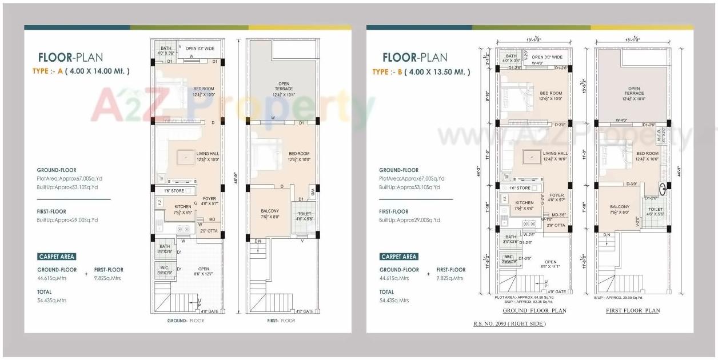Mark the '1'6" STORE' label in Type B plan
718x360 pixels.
click(x=520, y=188)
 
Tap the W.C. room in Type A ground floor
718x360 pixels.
click(x=165, y=269)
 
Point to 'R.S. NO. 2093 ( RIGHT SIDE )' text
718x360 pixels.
click(x=509, y=324)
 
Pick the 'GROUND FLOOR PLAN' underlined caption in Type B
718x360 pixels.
click(x=534, y=311)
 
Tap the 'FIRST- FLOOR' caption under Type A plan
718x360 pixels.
click(x=281, y=321)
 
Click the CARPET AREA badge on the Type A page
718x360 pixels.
click(x=57, y=257)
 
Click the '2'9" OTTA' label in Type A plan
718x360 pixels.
click(x=209, y=231)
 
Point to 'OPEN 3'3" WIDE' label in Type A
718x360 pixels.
click(x=200, y=49)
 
